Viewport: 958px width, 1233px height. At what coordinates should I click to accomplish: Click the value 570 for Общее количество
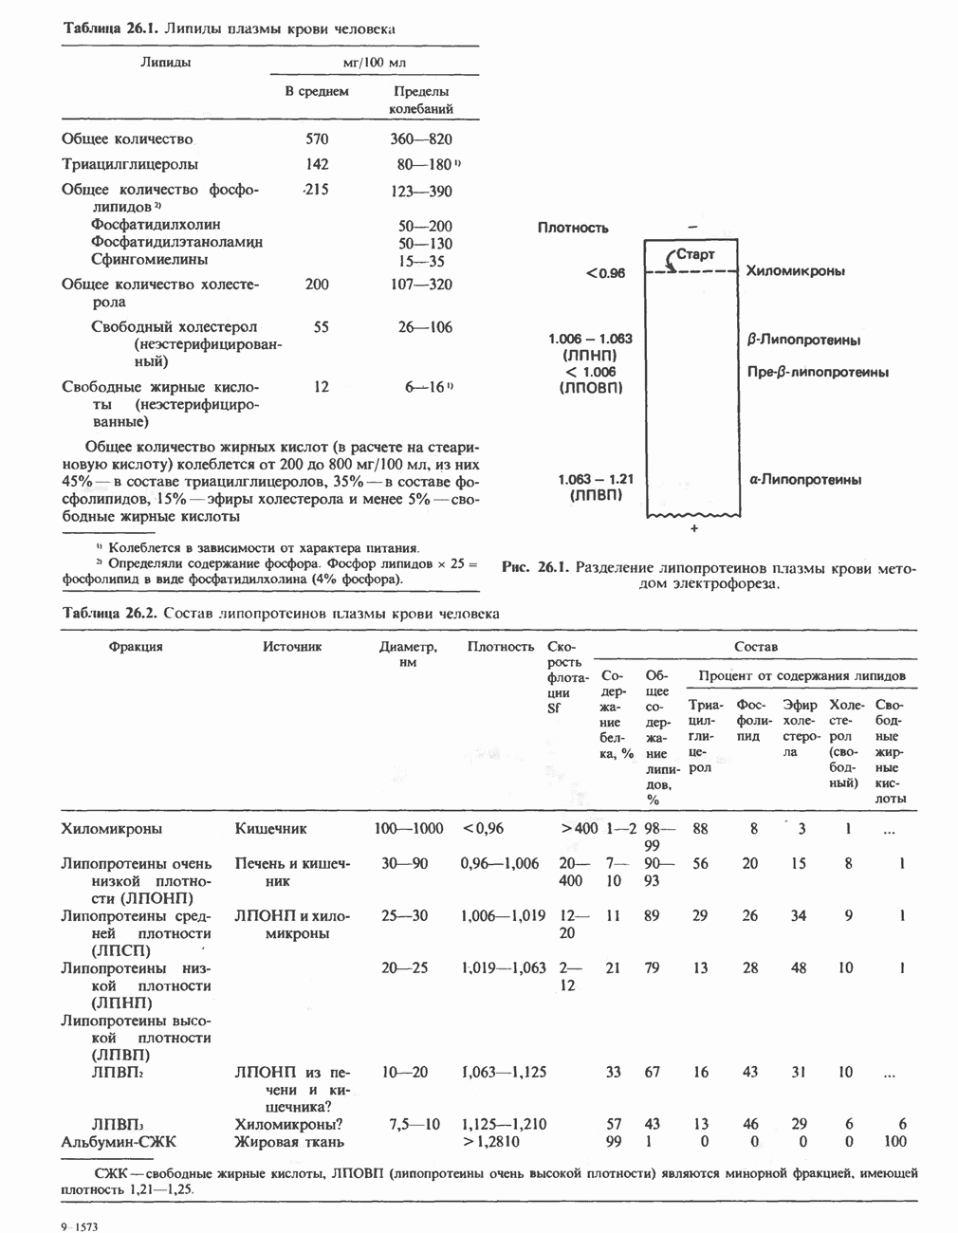click(317, 139)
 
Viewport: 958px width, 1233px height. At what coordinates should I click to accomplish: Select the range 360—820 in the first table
click(421, 139)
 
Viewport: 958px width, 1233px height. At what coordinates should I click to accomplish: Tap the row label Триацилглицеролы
click(130, 164)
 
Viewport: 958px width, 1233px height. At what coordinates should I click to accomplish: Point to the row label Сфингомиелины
click(149, 260)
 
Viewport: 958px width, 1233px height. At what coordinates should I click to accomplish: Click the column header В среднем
click(317, 92)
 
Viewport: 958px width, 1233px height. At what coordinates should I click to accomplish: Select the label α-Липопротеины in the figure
click(804, 480)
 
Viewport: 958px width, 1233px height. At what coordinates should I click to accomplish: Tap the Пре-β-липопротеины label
click(818, 372)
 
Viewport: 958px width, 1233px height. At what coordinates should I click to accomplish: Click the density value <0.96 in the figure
click(606, 273)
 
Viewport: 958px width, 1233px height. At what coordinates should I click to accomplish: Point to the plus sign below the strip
click(693, 528)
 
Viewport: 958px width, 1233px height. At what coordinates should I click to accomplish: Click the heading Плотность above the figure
click(573, 228)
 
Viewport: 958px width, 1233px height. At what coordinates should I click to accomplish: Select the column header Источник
click(292, 647)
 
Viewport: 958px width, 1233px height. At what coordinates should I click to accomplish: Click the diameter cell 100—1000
click(408, 829)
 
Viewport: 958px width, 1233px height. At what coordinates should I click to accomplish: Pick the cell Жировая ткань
click(289, 1142)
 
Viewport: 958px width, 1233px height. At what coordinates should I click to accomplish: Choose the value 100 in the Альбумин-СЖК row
click(894, 1142)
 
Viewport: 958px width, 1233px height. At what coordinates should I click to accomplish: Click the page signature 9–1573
click(80, 1226)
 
